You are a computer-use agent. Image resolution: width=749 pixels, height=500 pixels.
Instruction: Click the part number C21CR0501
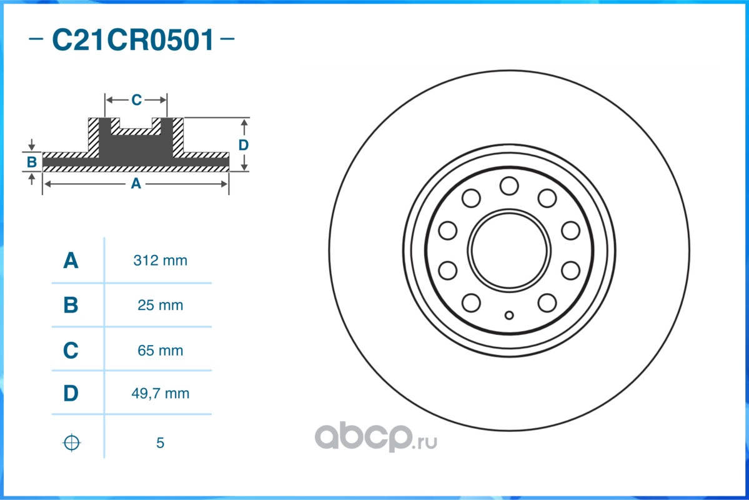pos(132,41)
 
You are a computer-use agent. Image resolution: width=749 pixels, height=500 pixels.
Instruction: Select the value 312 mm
pos(160,261)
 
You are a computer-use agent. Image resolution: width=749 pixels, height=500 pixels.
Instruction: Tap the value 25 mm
pos(160,306)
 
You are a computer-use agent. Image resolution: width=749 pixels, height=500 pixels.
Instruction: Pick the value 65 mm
pos(160,351)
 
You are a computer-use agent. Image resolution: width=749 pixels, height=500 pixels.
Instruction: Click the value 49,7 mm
pos(160,394)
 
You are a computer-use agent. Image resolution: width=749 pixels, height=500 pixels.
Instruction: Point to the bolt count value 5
pos(160,443)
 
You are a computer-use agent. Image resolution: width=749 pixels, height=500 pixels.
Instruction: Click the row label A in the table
pos(71,261)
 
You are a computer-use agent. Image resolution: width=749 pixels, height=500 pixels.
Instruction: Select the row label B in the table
pos(71,306)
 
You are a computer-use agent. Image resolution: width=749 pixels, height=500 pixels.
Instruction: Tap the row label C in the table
pos(71,351)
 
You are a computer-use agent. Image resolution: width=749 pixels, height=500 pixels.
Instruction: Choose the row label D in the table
pos(71,394)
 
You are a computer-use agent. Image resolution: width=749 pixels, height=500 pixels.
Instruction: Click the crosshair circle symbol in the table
pos(72,442)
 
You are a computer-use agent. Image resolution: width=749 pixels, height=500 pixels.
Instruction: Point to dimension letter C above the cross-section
pos(136,100)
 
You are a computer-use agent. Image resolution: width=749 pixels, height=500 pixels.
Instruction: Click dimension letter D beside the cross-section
pos(244,145)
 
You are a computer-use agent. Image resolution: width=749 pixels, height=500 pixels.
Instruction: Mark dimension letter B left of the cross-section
pos(32,162)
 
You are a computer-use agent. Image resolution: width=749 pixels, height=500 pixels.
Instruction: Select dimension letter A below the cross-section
pos(135,184)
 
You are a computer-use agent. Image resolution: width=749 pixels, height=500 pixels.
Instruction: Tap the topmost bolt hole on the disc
pos(509,186)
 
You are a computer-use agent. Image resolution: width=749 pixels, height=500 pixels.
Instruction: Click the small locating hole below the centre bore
pos(509,314)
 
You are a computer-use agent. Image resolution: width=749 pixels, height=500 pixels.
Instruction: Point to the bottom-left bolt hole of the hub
pos(471,303)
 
